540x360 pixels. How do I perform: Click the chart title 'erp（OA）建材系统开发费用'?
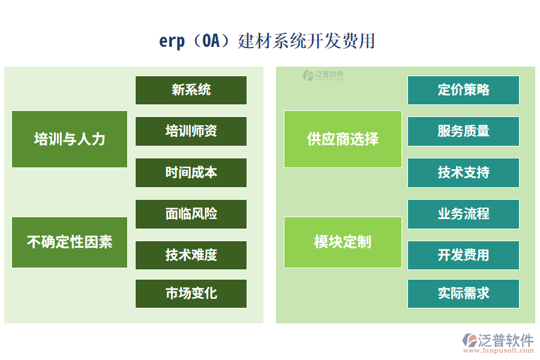coord(267,41)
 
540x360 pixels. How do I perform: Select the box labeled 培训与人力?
coord(70,139)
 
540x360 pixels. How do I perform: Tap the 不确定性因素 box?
coord(70,242)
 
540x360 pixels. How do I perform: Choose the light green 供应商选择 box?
coord(343,139)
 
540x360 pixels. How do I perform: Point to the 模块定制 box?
coord(343,242)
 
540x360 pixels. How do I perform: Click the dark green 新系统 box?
coord(191,90)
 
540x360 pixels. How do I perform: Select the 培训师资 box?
coord(191,131)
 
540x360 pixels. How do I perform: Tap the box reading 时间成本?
coord(191,173)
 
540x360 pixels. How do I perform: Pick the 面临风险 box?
coord(191,214)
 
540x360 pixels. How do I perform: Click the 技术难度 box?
coord(191,255)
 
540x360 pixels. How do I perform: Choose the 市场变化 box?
coord(191,293)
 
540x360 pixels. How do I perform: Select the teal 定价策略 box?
coord(463,90)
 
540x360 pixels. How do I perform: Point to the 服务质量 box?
coord(463,131)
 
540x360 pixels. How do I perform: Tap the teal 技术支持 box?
coord(463,173)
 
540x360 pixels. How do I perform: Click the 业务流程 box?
coord(463,214)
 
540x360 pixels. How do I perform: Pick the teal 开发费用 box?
coord(463,255)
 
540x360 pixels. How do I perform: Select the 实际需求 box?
coord(463,293)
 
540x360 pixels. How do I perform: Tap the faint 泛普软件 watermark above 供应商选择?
coord(323,75)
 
